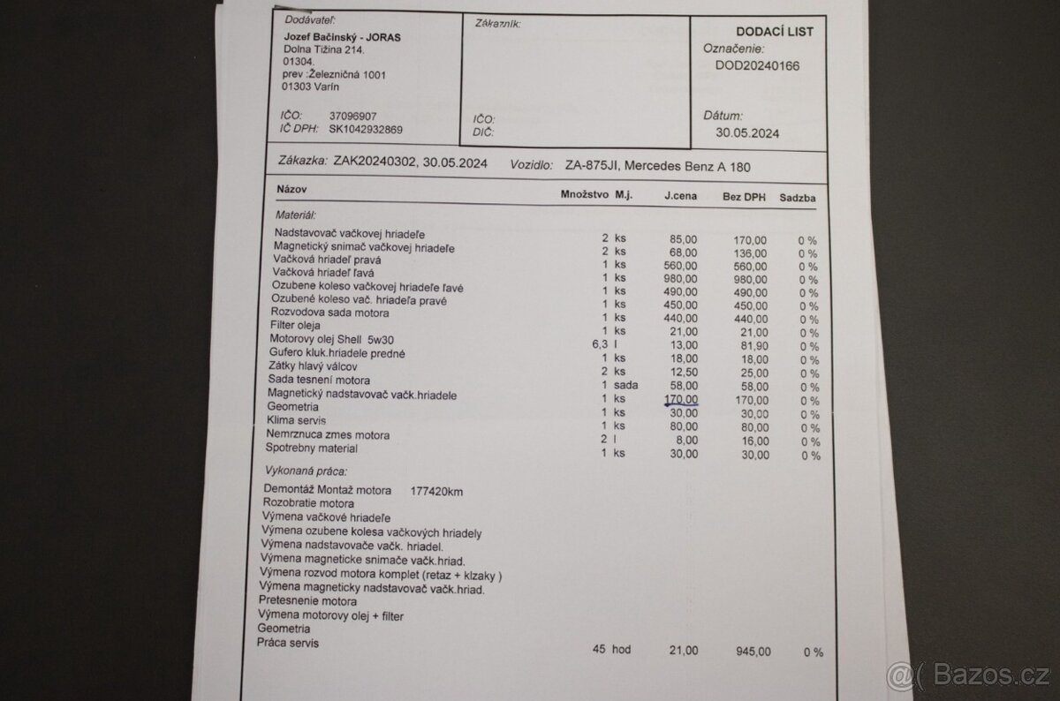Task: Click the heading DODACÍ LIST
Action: (x=774, y=31)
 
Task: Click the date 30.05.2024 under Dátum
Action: (x=747, y=133)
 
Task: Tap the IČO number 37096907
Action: (x=352, y=116)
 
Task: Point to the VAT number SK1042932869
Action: (x=366, y=130)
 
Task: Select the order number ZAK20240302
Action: (x=375, y=162)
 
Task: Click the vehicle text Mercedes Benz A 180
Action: (x=694, y=166)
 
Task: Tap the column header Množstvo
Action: (x=584, y=193)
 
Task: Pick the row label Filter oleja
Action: (x=299, y=326)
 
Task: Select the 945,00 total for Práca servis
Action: (x=752, y=652)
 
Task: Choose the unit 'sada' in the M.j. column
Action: (x=626, y=386)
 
